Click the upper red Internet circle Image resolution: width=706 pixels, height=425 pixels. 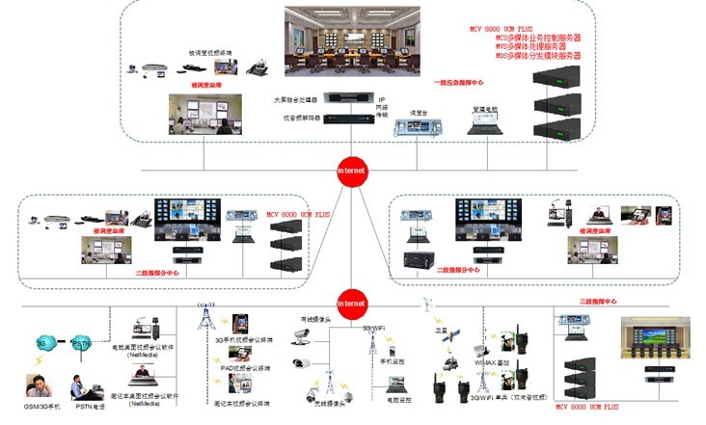[352, 170]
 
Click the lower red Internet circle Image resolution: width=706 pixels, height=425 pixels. [352, 304]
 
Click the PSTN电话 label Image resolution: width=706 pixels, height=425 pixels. [90, 408]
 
